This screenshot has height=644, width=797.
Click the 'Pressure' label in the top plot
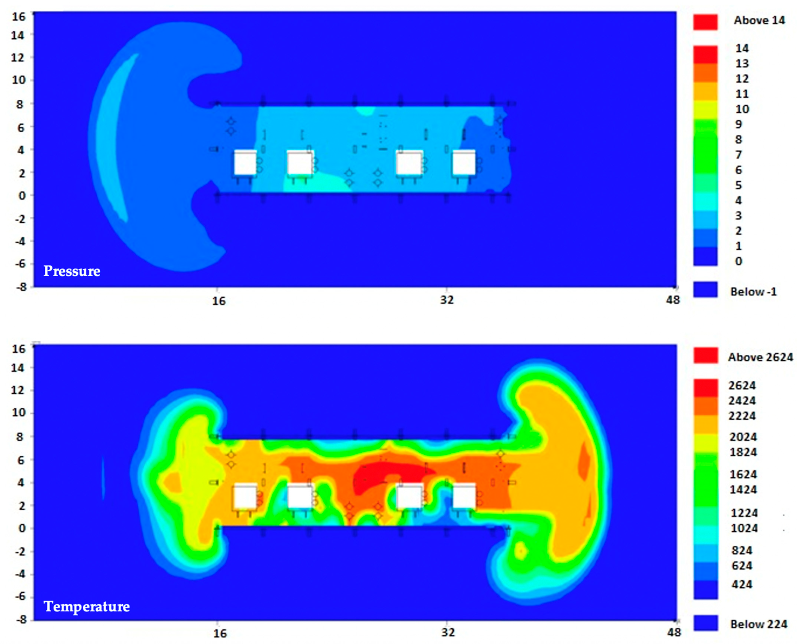coord(72,271)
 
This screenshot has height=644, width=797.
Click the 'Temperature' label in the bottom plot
coord(87,606)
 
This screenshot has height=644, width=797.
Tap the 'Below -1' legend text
coord(754,292)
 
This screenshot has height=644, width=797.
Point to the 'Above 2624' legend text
coord(760,357)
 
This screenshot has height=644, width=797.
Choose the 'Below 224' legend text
coord(759,624)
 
